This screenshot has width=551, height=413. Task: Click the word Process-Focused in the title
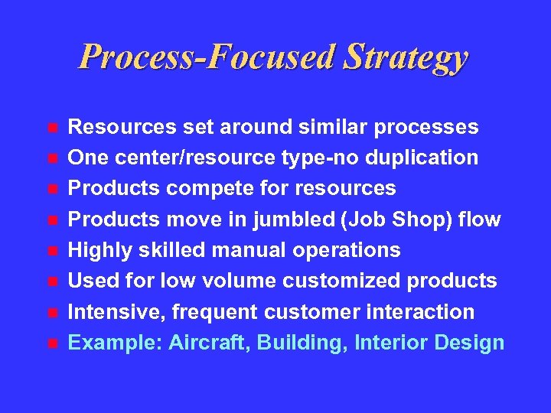207,57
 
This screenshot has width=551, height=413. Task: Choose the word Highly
96,251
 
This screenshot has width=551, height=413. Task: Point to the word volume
246,281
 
